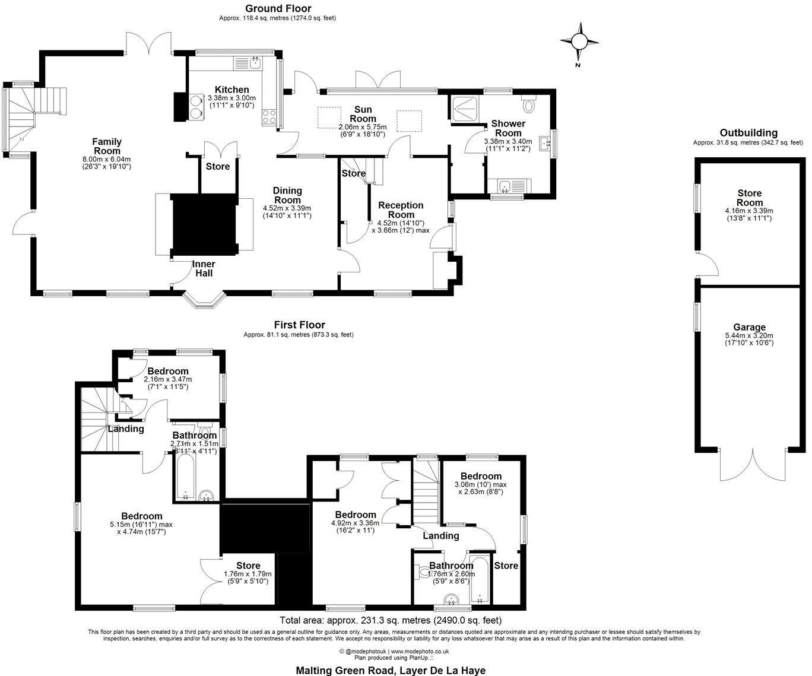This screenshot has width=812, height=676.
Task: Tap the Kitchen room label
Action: tap(231, 90)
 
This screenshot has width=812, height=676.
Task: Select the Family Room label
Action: tap(107, 146)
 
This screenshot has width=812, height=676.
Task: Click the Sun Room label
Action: tap(363, 114)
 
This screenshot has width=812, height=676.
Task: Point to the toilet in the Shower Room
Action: tap(530, 104)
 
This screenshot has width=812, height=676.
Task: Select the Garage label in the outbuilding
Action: tap(749, 327)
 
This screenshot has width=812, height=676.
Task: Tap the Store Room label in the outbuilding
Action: tap(749, 198)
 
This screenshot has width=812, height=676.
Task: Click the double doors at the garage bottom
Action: tap(753, 465)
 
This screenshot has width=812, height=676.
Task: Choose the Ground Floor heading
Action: tap(278, 8)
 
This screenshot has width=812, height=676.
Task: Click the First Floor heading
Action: tap(299, 325)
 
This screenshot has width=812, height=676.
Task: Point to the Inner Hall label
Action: tap(204, 268)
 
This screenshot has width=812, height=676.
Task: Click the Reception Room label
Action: tap(401, 210)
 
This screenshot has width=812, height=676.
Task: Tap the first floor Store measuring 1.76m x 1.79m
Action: tap(248, 570)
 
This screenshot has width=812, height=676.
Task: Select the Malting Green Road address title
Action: tap(391, 670)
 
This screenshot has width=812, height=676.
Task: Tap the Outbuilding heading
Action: tap(748, 133)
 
